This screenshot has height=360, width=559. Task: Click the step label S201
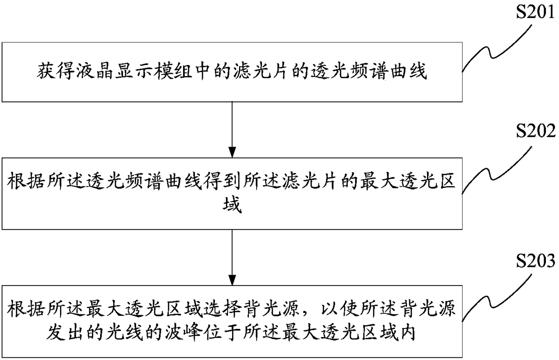(535, 12)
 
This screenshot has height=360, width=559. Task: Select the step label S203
(536, 261)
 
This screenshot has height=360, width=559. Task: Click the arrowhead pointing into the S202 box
(232, 152)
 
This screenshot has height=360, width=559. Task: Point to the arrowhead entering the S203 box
(232, 280)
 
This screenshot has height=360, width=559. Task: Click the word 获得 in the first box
(56, 72)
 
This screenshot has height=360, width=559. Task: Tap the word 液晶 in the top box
(94, 72)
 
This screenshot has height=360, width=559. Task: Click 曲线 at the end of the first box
(408, 72)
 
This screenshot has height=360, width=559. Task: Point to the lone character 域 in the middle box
(232, 204)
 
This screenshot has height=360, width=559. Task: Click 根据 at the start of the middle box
(25, 181)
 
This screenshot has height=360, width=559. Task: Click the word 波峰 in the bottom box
(183, 332)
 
